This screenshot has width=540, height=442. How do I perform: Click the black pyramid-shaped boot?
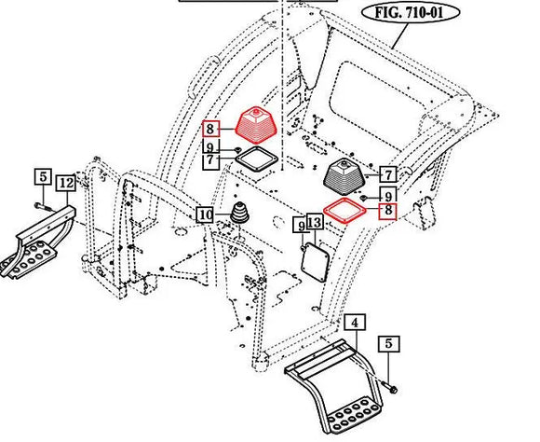pos(346,173)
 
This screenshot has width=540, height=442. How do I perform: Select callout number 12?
pos(65,184)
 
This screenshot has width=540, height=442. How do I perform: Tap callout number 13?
pos(315,223)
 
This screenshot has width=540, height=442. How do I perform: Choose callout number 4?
pos(353,324)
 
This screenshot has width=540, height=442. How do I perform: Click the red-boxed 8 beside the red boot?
pos(211,129)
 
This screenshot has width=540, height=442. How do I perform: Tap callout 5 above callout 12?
pos(42,175)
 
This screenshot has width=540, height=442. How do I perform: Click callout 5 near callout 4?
pos(390,344)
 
